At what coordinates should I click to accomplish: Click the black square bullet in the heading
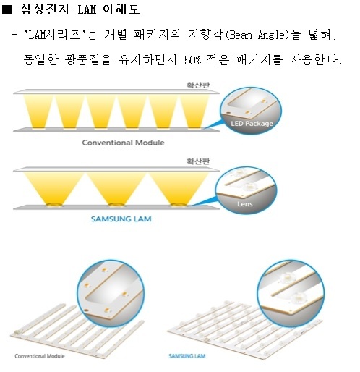coord(7,9)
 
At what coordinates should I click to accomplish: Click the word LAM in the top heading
coord(87,9)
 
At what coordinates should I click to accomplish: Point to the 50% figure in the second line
coord(192,60)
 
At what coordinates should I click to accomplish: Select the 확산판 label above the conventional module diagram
coord(198,85)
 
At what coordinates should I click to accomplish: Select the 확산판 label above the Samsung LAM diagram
coord(198,161)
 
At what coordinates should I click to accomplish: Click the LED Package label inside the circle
coord(252,124)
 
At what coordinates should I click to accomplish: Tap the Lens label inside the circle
coord(245,204)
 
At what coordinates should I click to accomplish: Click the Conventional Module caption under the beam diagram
coord(123,143)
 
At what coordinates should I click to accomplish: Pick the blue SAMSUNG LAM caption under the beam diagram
coord(121,219)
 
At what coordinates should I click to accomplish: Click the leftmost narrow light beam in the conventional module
coord(38,111)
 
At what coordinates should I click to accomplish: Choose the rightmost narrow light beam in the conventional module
coord(194,111)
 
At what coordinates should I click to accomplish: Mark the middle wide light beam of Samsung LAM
coord(116,188)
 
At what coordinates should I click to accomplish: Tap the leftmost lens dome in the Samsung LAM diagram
coord(54,205)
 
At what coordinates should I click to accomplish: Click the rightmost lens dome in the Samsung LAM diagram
coord(179,205)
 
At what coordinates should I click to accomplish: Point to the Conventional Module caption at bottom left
coord(40,356)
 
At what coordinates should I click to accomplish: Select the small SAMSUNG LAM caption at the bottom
coord(187,356)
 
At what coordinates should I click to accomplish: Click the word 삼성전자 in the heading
coord(45,9)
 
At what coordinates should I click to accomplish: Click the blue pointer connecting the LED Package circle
coord(214,124)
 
